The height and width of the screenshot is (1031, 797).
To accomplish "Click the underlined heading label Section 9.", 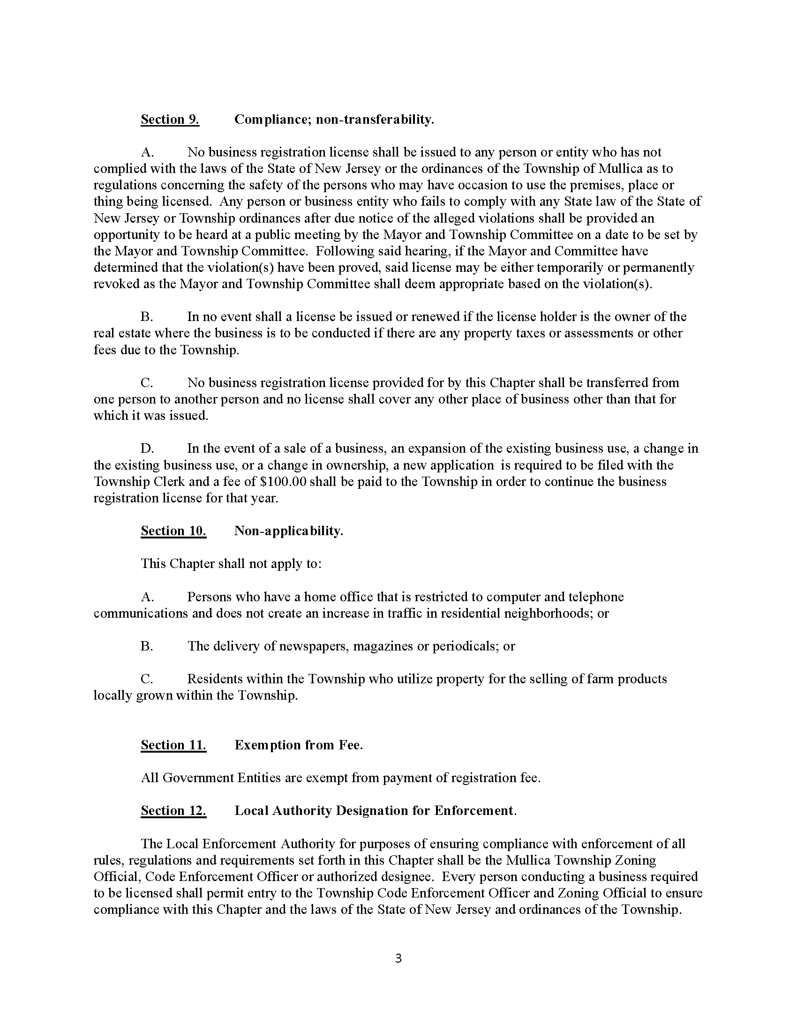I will click(x=170, y=120).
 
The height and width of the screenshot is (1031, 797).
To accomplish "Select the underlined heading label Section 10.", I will click(x=173, y=531).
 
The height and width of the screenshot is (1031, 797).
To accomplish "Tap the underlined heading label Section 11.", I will click(x=173, y=745).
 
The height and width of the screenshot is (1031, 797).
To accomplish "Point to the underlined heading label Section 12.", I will click(x=173, y=811).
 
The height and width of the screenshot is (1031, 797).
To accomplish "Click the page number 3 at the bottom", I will click(x=398, y=958).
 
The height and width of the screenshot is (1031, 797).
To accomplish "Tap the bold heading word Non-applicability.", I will click(x=288, y=531).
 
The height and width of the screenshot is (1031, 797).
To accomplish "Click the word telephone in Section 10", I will click(x=595, y=597).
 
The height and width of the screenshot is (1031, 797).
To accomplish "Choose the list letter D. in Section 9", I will click(x=147, y=448).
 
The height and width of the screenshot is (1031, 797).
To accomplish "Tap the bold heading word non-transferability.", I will click(x=375, y=120).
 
